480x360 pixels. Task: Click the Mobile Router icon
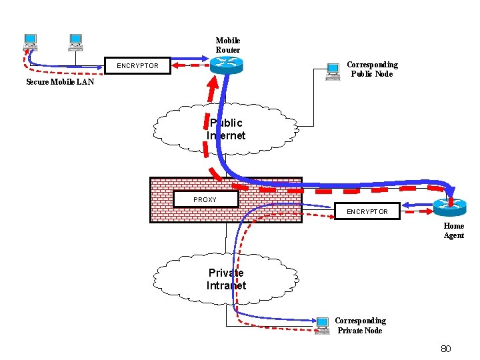(x=227, y=65)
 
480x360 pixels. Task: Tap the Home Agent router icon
(x=449, y=208)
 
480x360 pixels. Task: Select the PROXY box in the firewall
(x=205, y=199)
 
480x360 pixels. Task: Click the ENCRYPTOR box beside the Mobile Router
(x=138, y=66)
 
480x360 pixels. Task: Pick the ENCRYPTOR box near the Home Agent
(x=366, y=211)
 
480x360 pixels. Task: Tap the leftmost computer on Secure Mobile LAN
(x=30, y=42)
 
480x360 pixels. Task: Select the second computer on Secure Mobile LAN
(x=75, y=42)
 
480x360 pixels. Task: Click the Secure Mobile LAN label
(x=60, y=83)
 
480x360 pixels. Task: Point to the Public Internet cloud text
(x=226, y=129)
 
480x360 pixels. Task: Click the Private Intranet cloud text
(x=226, y=279)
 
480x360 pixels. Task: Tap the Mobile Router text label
(x=227, y=45)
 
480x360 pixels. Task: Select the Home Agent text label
(x=454, y=231)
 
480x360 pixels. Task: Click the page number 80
(x=446, y=349)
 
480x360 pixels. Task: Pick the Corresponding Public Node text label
(x=372, y=69)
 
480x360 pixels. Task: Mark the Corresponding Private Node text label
(x=360, y=325)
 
